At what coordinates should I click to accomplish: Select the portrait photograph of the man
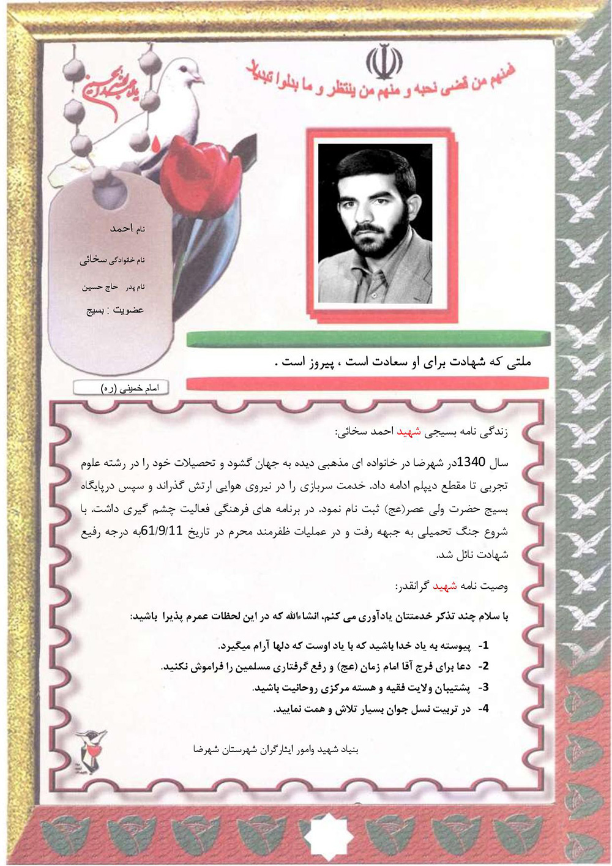[375, 223]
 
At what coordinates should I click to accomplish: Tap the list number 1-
[483, 645]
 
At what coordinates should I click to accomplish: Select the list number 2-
[483, 666]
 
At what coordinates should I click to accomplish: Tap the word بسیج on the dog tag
[95, 310]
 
